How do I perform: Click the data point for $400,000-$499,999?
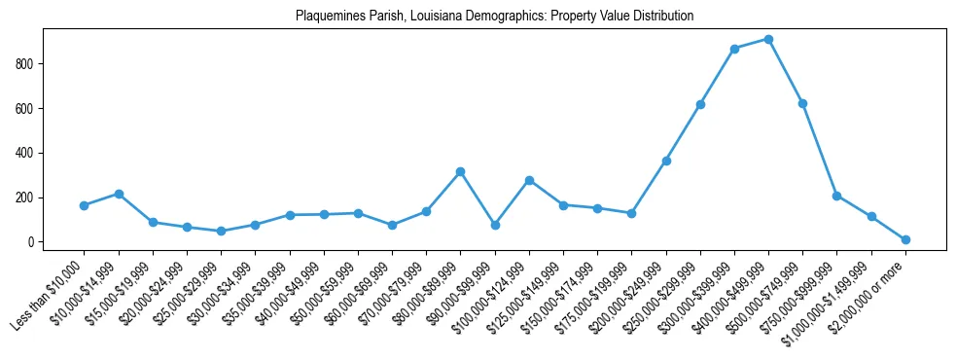(768, 40)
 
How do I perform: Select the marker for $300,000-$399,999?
(734, 49)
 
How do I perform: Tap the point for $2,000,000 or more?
(905, 239)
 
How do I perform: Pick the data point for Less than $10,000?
(84, 205)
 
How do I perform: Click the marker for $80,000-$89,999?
(460, 171)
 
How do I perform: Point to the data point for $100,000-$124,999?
(529, 180)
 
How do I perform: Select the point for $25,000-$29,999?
(221, 231)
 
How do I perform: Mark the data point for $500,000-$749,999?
(802, 103)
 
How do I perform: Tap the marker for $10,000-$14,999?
(119, 194)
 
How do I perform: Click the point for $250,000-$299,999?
(700, 104)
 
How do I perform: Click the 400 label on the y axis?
(27, 153)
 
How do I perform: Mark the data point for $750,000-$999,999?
(836, 196)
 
